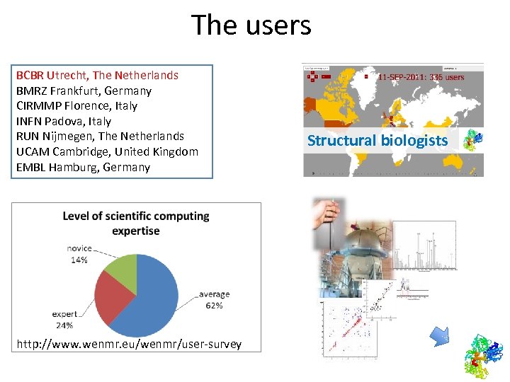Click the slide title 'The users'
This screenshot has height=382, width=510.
pyautogui.click(x=251, y=25)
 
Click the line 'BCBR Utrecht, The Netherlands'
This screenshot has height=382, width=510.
pyautogui.click(x=97, y=75)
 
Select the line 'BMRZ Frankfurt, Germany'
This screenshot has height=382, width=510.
pyautogui.click(x=84, y=91)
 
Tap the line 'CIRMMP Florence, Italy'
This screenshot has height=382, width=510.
pyautogui.click(x=76, y=105)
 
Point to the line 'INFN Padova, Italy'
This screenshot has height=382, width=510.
pyautogui.click(x=64, y=121)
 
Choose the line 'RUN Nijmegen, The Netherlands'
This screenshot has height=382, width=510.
pyautogui.click(x=100, y=136)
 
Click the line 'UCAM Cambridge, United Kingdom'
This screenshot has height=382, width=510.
pyautogui.click(x=107, y=151)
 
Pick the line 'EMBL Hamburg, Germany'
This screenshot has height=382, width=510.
pyautogui.click(x=83, y=167)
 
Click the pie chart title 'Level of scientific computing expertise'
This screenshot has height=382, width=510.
pyautogui.click(x=136, y=223)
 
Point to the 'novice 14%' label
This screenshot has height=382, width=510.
pyautogui.click(x=79, y=254)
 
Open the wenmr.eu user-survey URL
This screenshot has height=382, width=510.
pyautogui.click(x=129, y=345)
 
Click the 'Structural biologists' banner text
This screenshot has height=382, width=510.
pyautogui.click(x=378, y=140)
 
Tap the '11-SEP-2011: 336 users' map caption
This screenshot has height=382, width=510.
pyautogui.click(x=421, y=77)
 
